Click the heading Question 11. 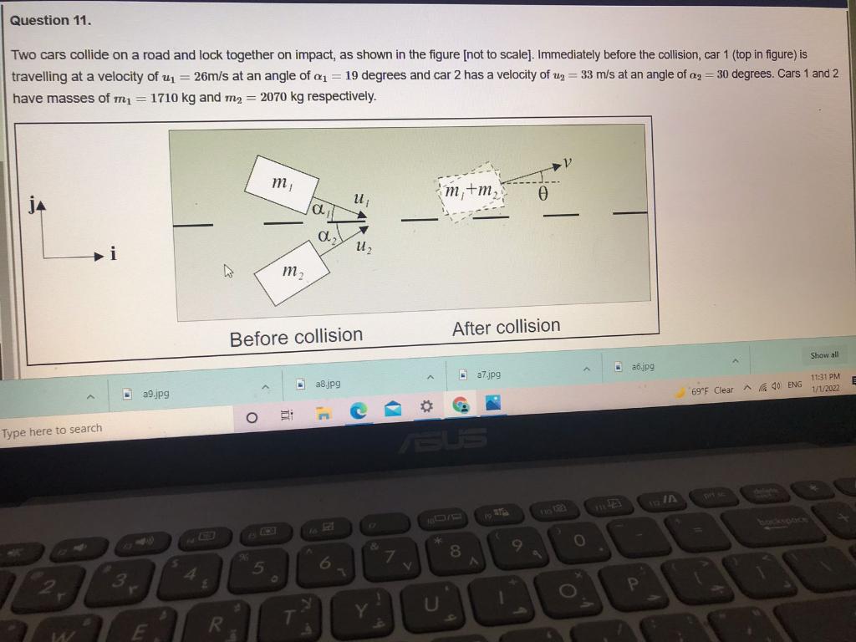[x=51, y=20]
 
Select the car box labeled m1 [x=282, y=185]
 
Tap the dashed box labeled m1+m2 [x=469, y=191]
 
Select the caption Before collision [x=296, y=337]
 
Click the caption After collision [x=506, y=327]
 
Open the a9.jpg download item [x=155, y=392]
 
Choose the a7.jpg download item [x=487, y=374]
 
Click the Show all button [x=823, y=355]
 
